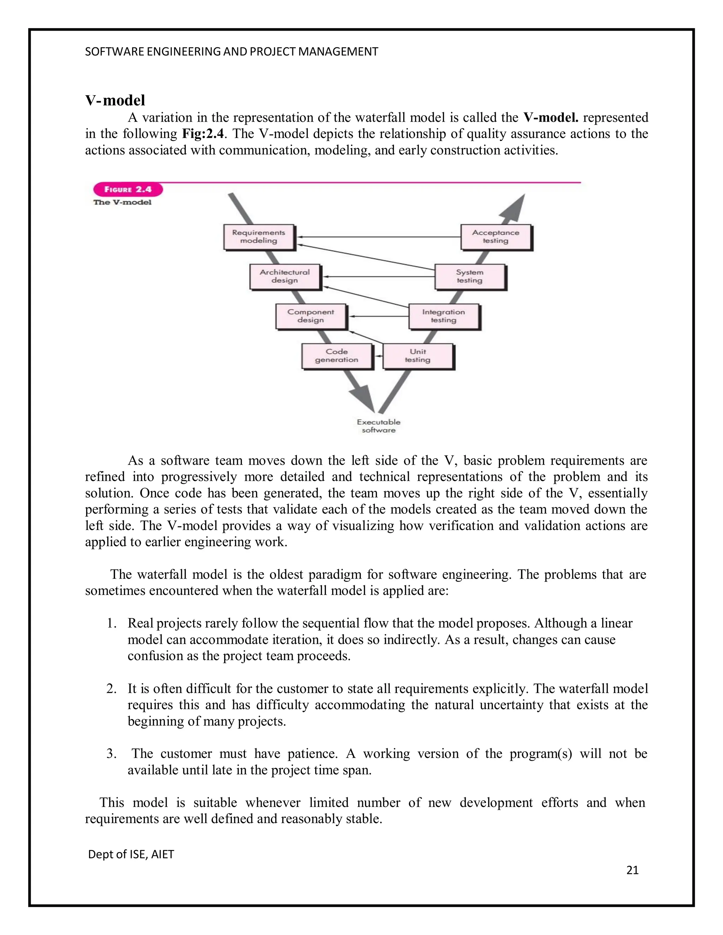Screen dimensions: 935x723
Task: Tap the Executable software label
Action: coord(379,426)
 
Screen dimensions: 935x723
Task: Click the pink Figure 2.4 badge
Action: coord(128,190)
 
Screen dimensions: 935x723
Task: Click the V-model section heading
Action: coord(115,100)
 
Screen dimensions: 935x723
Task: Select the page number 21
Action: coord(632,870)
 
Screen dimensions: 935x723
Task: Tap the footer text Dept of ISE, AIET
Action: coord(131,854)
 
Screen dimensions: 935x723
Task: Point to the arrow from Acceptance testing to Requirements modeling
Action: coord(379,237)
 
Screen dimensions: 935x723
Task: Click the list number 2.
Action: coord(111,689)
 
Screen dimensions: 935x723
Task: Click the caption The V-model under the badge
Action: coord(123,203)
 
